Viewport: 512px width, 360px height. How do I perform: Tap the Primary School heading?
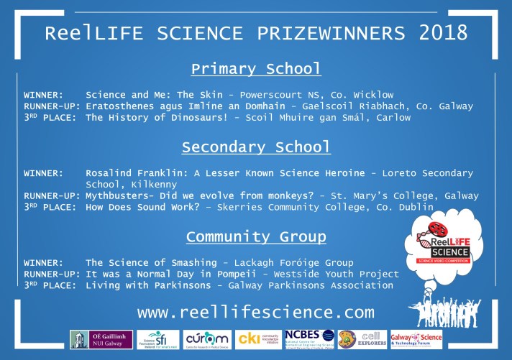(x=255, y=70)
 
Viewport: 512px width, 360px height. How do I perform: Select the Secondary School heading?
(x=255, y=147)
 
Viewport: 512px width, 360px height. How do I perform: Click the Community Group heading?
(x=255, y=237)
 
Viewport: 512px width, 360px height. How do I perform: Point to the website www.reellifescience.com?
(x=255, y=313)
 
